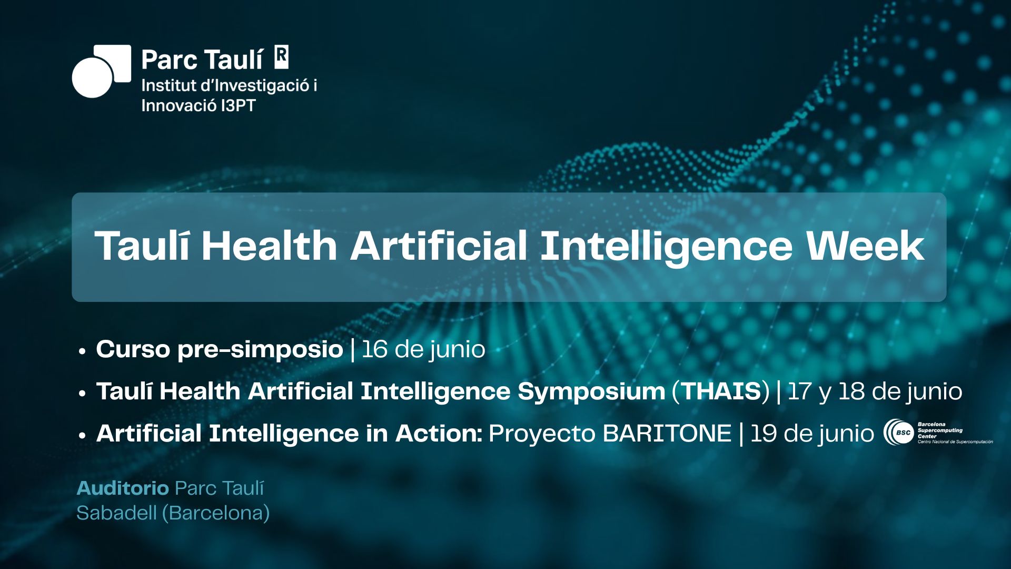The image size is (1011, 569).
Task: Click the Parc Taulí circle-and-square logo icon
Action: [101, 71]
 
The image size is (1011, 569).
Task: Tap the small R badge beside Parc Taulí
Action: [282, 57]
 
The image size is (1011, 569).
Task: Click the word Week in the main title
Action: [865, 246]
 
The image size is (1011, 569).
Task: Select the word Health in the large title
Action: [269, 246]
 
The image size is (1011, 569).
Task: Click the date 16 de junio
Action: [423, 349]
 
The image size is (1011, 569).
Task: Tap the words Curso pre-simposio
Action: [220, 349]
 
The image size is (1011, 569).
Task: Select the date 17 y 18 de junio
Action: [875, 391]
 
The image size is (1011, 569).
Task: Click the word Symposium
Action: [591, 392]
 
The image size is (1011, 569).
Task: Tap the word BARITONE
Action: [667, 434]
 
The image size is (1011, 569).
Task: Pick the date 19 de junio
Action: [812, 434]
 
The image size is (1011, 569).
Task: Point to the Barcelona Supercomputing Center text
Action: [940, 430]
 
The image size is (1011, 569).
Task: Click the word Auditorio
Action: [123, 488]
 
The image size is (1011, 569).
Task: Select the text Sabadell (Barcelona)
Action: [173, 513]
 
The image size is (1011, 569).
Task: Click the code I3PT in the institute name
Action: [238, 105]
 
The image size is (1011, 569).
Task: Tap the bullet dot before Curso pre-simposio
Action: [82, 351]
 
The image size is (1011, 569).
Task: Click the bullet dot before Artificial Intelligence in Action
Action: [82, 435]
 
